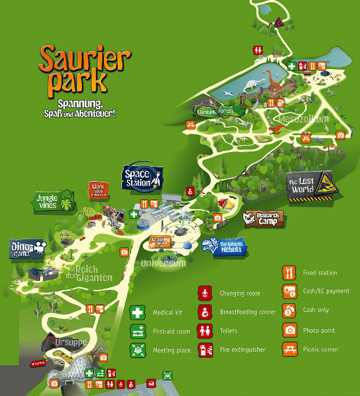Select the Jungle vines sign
pos(52,201)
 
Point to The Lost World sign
pos(309,186)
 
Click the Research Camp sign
pos(264,218)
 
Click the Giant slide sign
pos(96,189)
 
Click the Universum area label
pos(164,264)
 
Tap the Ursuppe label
pos(71,343)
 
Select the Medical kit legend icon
pos(138,312)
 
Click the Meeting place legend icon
pos(138,350)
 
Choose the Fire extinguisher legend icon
pos(204,350)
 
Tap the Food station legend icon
pos(289,272)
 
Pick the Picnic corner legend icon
pos(289,349)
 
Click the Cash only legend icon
pos(289,310)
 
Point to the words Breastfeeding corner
pos(248,312)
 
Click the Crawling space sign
pos(161,240)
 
